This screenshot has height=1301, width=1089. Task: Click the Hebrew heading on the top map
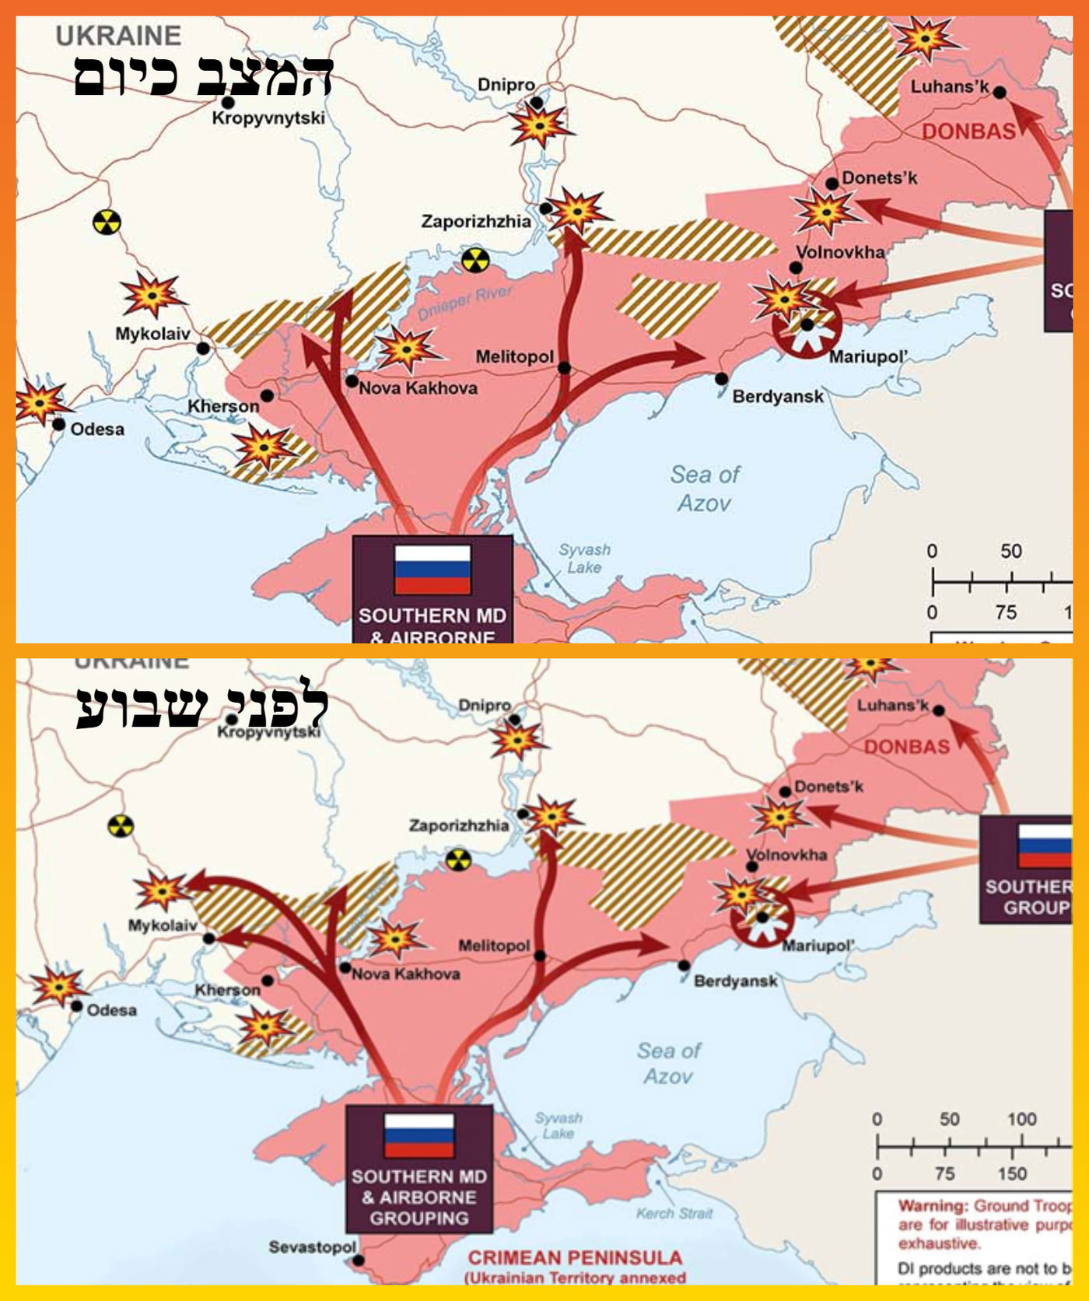203,75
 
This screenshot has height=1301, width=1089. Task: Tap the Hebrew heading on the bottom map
201,707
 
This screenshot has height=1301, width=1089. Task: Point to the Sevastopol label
312,1247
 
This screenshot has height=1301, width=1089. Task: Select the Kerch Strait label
674,1212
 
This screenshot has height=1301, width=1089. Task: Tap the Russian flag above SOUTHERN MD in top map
432,570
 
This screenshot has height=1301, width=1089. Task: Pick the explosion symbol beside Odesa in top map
39,402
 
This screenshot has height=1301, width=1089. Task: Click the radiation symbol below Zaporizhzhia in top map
475,260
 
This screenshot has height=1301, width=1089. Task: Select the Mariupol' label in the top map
868,357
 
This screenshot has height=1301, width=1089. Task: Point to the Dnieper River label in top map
465,303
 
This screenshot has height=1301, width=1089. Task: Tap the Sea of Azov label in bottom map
669,1063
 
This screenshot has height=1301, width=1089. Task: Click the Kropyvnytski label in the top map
268,118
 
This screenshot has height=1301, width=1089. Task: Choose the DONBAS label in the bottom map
907,747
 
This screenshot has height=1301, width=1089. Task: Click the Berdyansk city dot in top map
721,379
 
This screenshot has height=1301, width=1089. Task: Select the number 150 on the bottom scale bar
1012,1173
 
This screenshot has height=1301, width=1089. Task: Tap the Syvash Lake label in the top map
584,558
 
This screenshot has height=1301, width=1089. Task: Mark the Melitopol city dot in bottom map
540,956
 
